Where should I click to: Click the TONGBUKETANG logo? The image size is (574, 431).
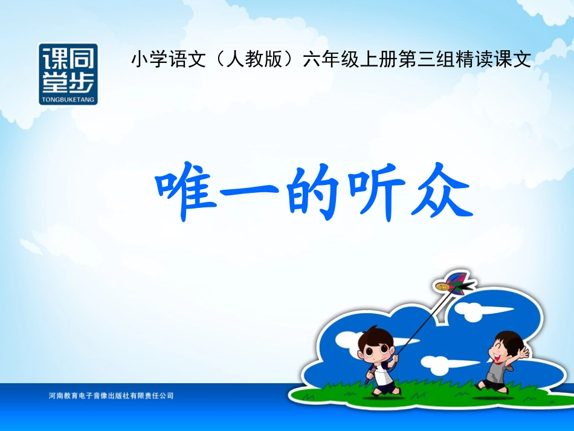point(68,73)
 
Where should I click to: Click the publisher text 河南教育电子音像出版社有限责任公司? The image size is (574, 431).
point(111,396)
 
